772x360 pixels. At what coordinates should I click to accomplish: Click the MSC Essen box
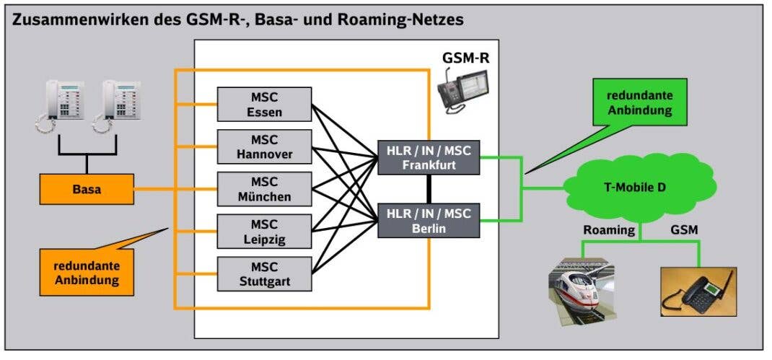coord(264,104)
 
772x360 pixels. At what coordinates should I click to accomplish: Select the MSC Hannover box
coord(264,146)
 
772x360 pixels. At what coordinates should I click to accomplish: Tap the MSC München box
coord(264,188)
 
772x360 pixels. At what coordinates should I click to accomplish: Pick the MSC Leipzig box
coord(264,231)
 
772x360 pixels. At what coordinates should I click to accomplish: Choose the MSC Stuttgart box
coord(264,273)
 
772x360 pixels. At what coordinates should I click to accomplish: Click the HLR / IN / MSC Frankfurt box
coord(429,157)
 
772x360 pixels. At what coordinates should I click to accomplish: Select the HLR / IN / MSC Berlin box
coord(429,220)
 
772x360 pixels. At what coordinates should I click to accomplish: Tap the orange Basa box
coord(87,190)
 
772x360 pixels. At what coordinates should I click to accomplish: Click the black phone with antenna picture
coord(698,292)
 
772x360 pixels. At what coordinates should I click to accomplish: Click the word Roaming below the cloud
coord(609,230)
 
